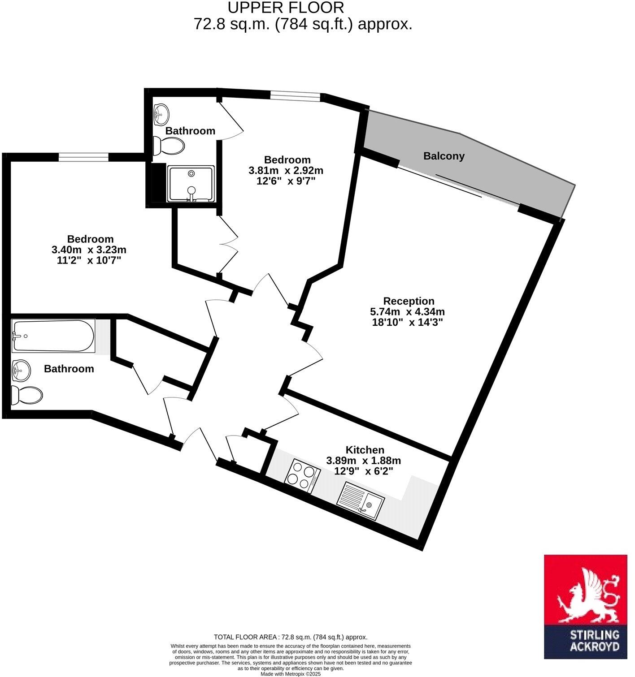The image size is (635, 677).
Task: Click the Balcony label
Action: (444, 156)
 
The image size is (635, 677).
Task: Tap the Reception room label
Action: (409, 301)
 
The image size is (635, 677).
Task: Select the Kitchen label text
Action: (365, 450)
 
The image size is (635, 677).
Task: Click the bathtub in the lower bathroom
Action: (53, 336)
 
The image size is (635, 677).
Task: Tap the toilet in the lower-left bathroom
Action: (27, 395)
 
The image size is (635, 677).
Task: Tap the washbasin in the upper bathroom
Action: (161, 114)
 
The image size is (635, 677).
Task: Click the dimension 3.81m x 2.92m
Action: (286, 171)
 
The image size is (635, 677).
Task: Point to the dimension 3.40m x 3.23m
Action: (89, 250)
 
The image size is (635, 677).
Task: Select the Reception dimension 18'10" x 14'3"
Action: (407, 322)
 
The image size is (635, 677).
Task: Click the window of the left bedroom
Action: (83, 157)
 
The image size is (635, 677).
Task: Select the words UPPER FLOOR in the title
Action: (286, 8)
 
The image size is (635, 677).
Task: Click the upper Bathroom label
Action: (190, 131)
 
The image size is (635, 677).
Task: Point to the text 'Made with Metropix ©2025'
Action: (291, 673)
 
